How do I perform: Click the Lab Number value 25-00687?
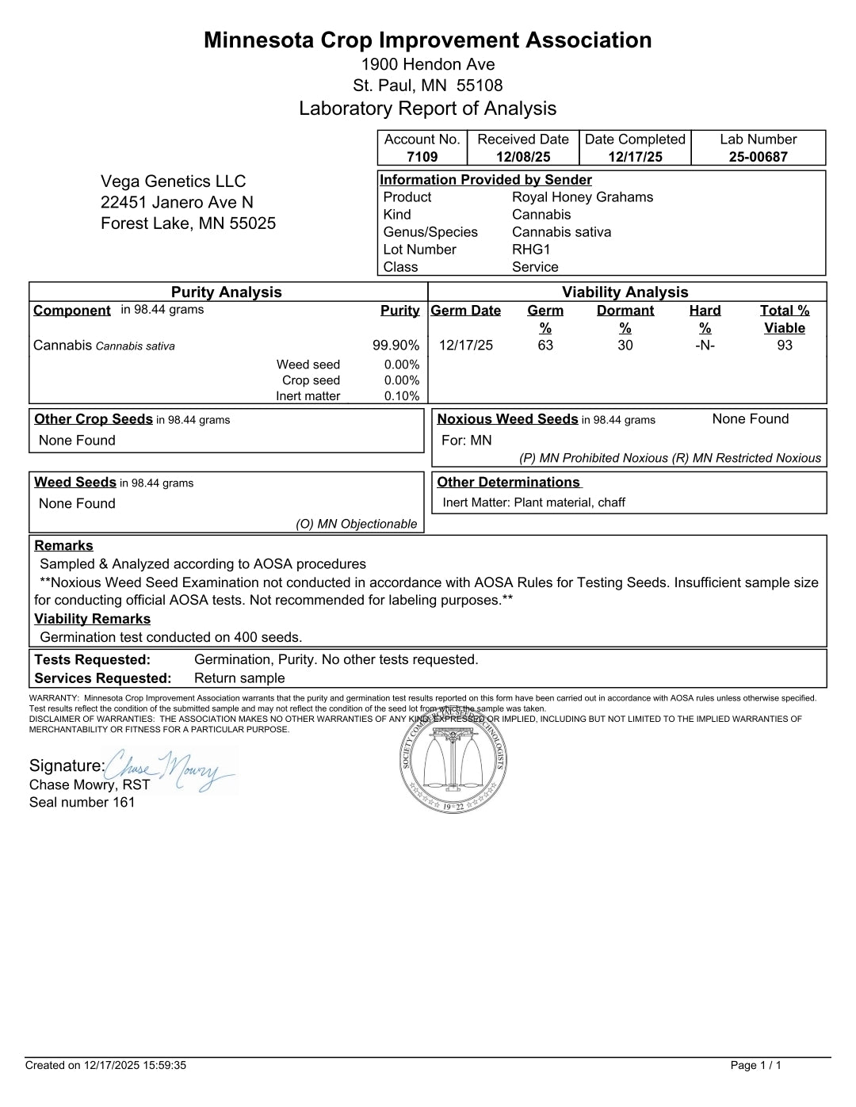tap(759, 157)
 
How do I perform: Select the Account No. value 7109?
tap(422, 157)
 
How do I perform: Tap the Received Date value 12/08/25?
tap(523, 157)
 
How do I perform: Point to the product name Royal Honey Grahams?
tap(583, 197)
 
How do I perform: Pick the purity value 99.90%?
tap(396, 345)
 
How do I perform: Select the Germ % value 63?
tap(545, 345)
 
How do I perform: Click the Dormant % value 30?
tap(625, 345)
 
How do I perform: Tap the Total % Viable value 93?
tap(785, 345)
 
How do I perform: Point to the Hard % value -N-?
tap(705, 345)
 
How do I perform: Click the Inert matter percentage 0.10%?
tap(402, 396)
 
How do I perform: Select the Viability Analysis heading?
tap(625, 292)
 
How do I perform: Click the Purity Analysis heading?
tap(227, 292)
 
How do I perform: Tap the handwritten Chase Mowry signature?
tap(170, 769)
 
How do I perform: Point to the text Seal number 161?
tap(82, 803)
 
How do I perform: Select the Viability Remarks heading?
tap(92, 619)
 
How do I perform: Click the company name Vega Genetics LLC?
tap(173, 181)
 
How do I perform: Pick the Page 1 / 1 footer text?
tap(755, 1066)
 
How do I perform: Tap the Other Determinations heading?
tap(509, 483)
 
